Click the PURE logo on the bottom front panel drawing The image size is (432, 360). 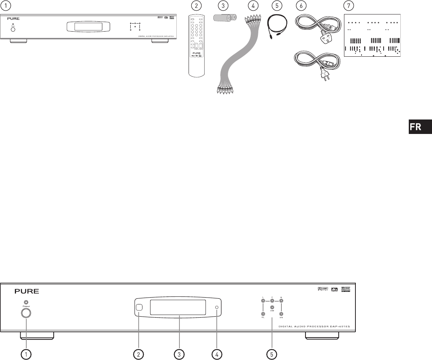[27, 292]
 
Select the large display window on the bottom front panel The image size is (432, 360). [178, 307]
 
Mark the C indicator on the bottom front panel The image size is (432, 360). [272, 301]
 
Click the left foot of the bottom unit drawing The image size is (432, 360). [37, 336]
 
